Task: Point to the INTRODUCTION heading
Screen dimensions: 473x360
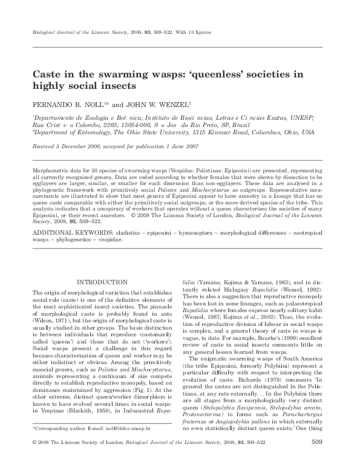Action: [x=101, y=281]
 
